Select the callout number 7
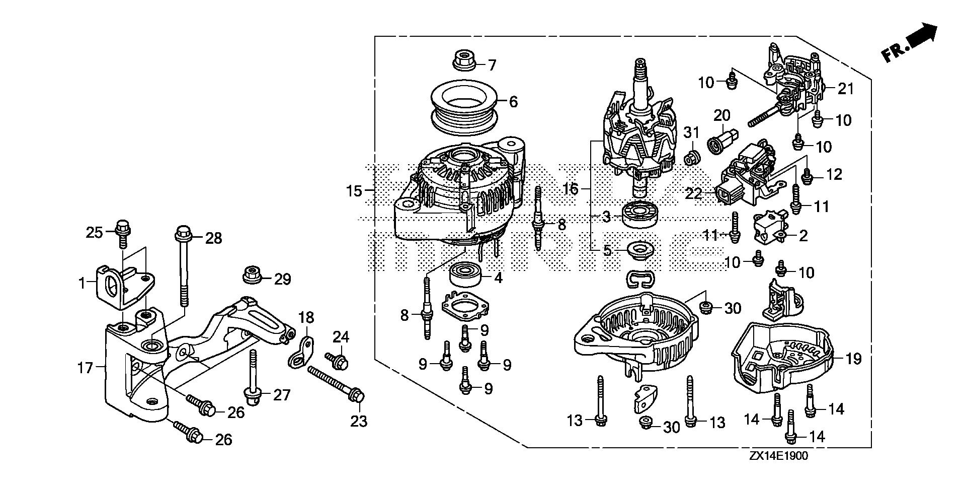pos(492,65)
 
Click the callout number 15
pos(354,191)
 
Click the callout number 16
pos(570,190)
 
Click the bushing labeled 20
pos(719,140)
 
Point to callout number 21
pos(846,89)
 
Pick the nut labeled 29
pos(252,275)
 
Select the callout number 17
pos(86,368)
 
